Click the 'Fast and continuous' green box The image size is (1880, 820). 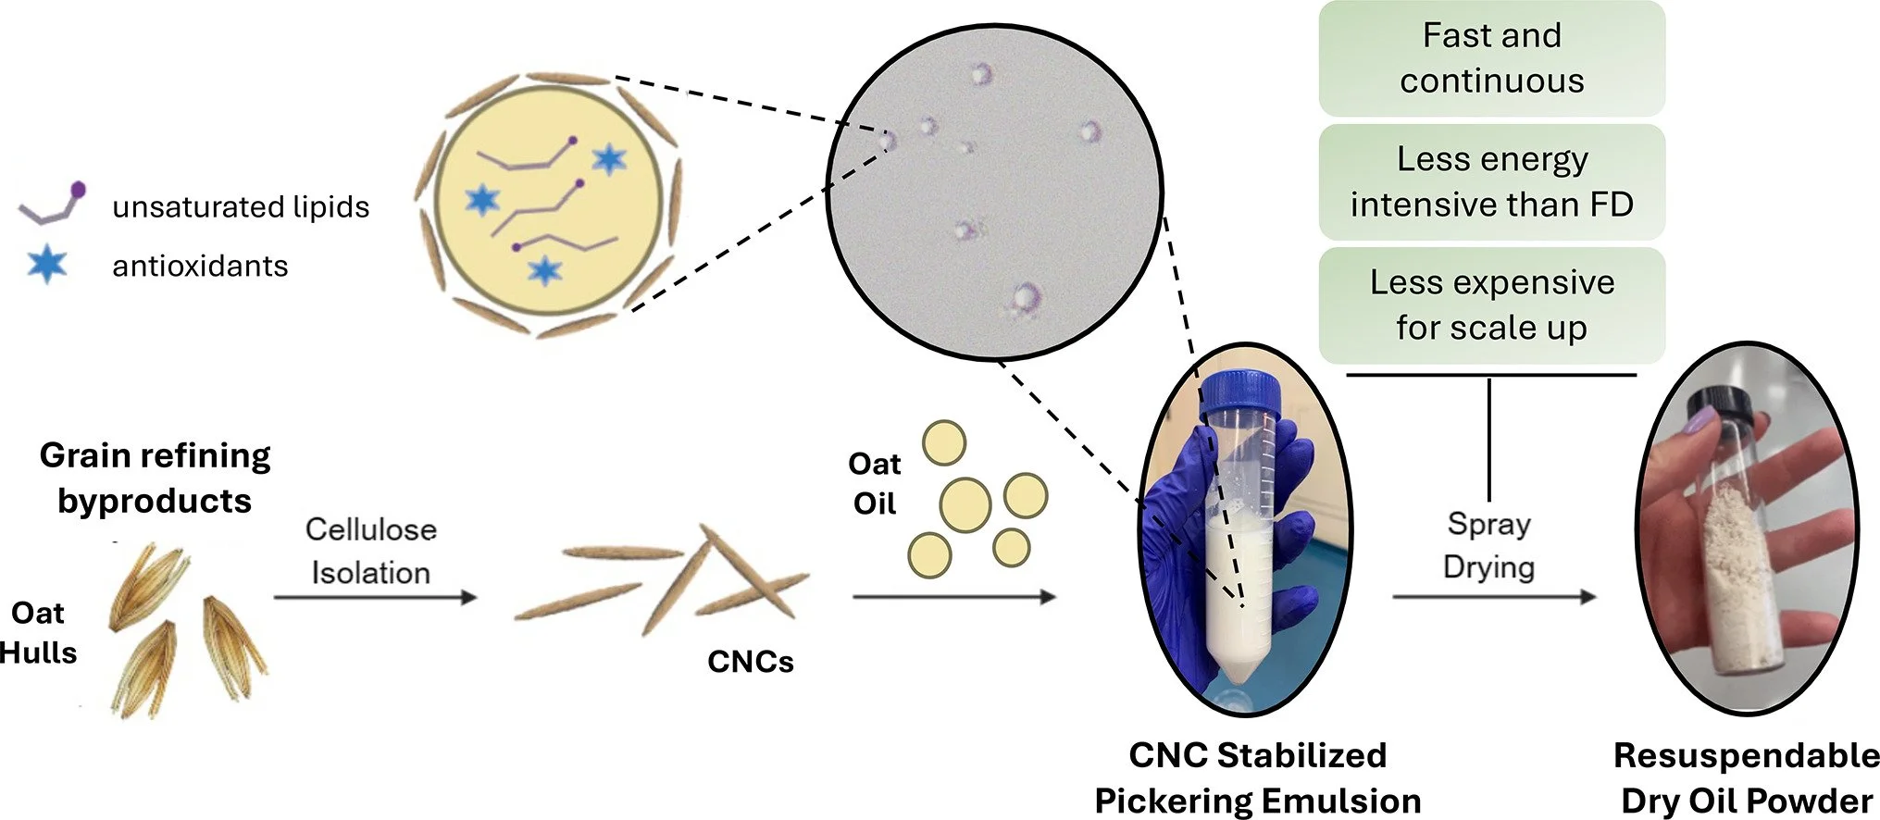point(1491,58)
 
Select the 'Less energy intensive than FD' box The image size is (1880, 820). point(1491,181)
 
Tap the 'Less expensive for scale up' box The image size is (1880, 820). point(1491,304)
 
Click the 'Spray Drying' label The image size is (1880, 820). point(1488,545)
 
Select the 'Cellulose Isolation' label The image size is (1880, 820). point(370,551)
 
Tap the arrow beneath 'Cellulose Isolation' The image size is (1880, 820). point(375,598)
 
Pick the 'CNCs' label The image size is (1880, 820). point(751,662)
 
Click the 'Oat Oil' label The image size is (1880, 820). point(875,483)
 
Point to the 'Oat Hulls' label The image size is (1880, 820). point(38,633)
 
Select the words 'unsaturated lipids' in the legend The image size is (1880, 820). point(241,206)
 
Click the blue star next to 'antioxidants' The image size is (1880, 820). point(46,265)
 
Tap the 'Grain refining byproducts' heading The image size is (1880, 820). point(155,478)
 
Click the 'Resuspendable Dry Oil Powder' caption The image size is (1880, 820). point(1746,777)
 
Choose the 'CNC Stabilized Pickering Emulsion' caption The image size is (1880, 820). point(1257,777)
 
